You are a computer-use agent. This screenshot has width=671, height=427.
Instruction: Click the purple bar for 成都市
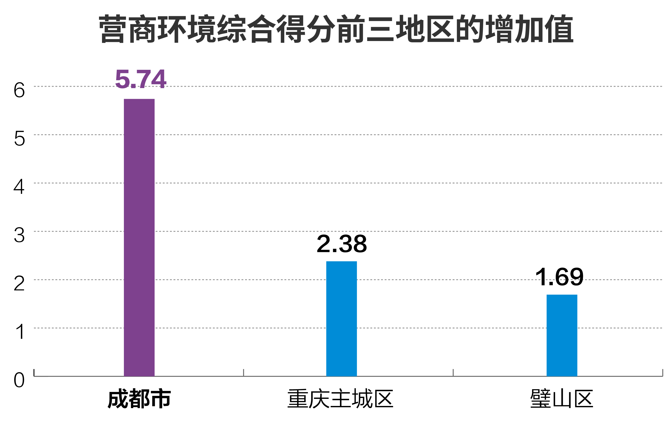click(x=139, y=237)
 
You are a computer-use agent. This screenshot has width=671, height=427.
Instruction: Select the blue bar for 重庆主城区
click(x=341, y=319)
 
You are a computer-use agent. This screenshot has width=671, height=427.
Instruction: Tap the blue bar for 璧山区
click(x=562, y=335)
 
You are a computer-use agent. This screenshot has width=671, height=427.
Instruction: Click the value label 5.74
click(x=141, y=79)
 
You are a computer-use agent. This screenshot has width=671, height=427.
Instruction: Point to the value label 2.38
click(x=342, y=244)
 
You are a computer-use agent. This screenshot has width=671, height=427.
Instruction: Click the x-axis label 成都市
click(x=139, y=399)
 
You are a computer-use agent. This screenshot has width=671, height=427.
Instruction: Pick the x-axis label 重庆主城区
click(x=340, y=399)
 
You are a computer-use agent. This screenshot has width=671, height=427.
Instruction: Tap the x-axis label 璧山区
click(x=561, y=399)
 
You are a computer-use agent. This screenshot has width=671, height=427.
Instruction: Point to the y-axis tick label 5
click(x=19, y=139)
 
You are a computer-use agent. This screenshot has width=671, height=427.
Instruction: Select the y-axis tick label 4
click(x=19, y=187)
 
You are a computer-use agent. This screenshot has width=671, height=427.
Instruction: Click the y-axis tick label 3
click(x=19, y=235)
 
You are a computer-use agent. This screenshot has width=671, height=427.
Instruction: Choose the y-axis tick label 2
click(x=19, y=284)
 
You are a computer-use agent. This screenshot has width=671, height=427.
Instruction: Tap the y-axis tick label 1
click(x=20, y=332)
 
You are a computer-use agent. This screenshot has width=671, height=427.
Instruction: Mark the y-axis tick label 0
click(x=19, y=380)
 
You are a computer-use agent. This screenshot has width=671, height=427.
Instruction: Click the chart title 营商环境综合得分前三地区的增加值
click(x=336, y=29)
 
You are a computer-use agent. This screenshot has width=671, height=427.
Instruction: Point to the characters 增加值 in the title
click(x=529, y=29)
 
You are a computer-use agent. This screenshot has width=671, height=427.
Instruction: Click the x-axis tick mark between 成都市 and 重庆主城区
click(x=243, y=373)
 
